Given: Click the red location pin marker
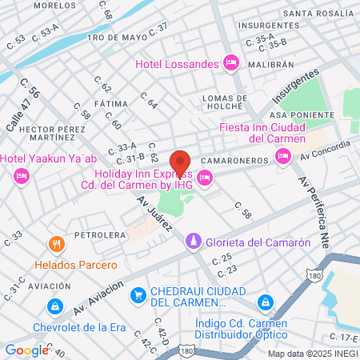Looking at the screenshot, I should click(x=180, y=162).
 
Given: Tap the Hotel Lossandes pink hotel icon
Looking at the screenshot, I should click(x=231, y=62).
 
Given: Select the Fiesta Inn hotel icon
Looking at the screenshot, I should click(x=283, y=158).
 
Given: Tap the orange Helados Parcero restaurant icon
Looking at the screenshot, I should click(x=55, y=244).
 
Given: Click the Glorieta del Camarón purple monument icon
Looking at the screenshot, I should click(x=194, y=242).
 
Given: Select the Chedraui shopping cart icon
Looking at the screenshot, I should click(x=138, y=295).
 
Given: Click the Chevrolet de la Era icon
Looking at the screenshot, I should click(x=54, y=306).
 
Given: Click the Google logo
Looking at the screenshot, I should click(x=26, y=350).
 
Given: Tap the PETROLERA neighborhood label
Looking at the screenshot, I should click(x=100, y=235).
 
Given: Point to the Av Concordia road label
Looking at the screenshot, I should click(x=326, y=149).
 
